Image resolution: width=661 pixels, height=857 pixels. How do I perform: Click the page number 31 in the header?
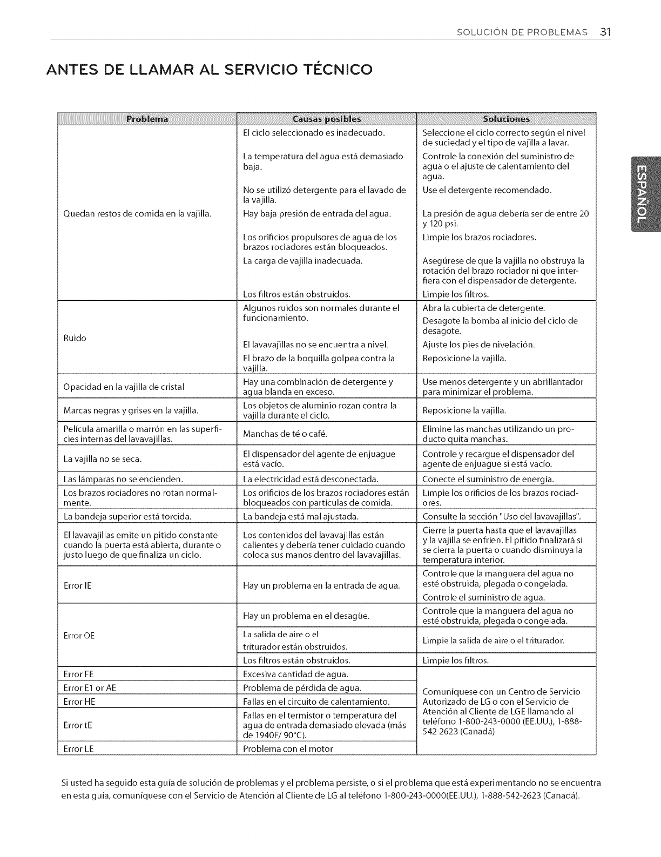(x=604, y=32)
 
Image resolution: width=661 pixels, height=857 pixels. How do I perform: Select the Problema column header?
(x=147, y=119)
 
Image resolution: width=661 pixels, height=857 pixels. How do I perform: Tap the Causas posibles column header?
(x=326, y=119)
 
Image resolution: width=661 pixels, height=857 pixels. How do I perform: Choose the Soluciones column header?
(x=505, y=119)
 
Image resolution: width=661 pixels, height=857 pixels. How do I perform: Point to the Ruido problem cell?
(x=75, y=338)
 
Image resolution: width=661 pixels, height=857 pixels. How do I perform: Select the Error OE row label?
(x=79, y=636)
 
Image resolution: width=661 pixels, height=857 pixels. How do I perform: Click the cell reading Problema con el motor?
(x=288, y=748)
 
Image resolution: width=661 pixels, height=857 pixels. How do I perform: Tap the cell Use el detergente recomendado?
(x=487, y=190)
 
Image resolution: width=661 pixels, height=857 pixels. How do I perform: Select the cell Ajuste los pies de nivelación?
(x=478, y=345)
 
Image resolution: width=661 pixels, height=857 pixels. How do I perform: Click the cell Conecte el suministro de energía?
(x=488, y=479)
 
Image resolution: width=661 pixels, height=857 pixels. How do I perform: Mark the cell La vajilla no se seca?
(x=103, y=459)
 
